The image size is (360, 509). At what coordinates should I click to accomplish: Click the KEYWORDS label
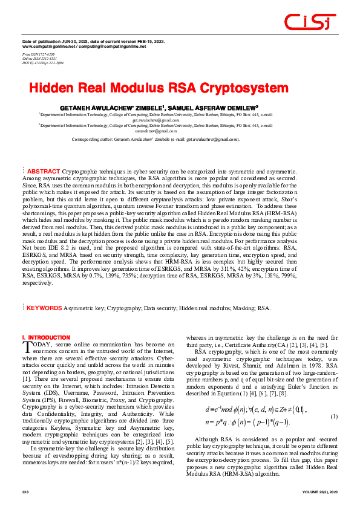click(x=44, y=308)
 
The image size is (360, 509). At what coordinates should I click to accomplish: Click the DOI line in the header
click(x=42, y=63)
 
